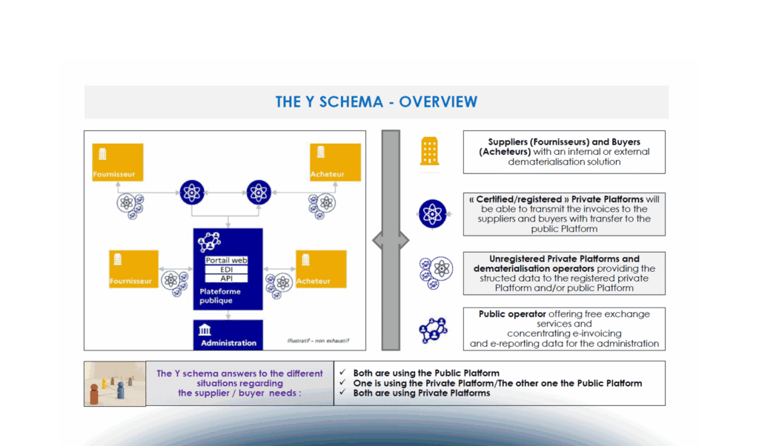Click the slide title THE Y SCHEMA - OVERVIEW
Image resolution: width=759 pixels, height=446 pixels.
376,102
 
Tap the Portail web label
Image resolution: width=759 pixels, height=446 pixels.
226,261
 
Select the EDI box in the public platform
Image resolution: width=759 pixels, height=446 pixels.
227,270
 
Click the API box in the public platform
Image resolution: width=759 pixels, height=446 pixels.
227,279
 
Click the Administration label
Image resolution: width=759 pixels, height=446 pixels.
228,343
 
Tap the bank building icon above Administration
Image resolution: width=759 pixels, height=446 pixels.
205,330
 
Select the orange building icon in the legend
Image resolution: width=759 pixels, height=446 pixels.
430,150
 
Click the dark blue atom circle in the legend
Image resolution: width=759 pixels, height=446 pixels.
432,213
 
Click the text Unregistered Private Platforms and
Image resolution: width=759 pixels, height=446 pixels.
564,259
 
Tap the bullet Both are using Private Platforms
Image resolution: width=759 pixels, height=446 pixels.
422,393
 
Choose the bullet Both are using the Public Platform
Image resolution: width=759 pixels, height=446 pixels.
426,373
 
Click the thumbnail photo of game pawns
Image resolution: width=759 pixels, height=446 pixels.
115,384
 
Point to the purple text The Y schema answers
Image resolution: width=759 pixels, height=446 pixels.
239,373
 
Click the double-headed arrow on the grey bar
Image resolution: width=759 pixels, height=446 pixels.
390,240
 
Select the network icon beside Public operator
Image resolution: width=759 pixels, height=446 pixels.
432,329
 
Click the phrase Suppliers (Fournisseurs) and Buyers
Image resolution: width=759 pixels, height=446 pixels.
563,142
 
